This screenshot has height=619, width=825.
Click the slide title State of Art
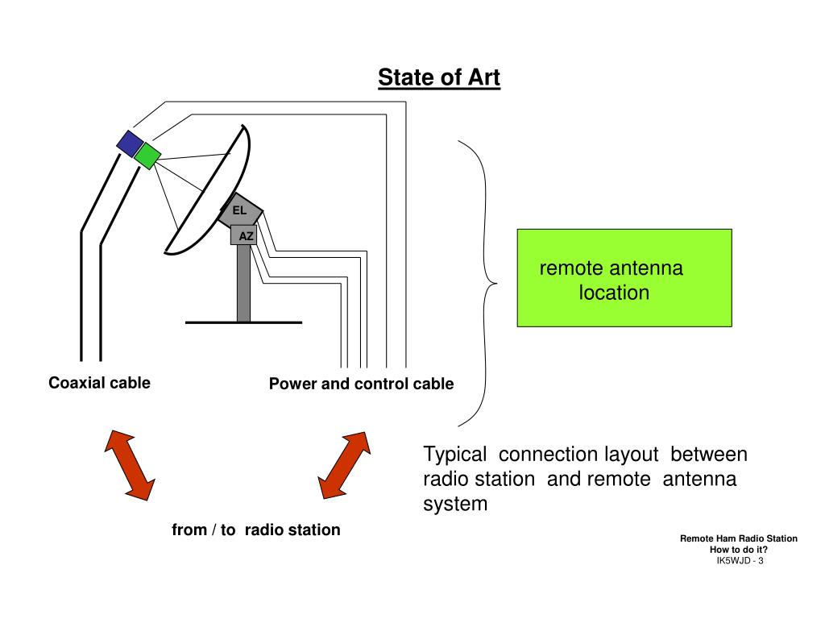pyautogui.click(x=439, y=78)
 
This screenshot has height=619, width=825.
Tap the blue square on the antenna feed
pyautogui.click(x=130, y=143)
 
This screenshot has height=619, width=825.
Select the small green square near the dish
pyautogui.click(x=147, y=155)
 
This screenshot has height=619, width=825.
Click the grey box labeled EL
pyautogui.click(x=240, y=210)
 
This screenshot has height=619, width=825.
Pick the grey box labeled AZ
pyautogui.click(x=246, y=236)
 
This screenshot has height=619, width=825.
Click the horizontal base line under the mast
pyautogui.click(x=243, y=322)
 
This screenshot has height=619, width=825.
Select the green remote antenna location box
pyautogui.click(x=624, y=277)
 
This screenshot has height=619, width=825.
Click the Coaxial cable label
pyautogui.click(x=99, y=383)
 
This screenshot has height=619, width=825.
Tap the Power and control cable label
pyautogui.click(x=361, y=384)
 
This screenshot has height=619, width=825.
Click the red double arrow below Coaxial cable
pyautogui.click(x=129, y=465)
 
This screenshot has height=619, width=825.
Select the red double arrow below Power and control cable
pyautogui.click(x=344, y=465)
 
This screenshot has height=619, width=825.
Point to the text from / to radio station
pyautogui.click(x=255, y=530)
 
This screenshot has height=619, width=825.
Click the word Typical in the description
pyautogui.click(x=454, y=455)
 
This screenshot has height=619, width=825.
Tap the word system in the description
pyautogui.click(x=455, y=505)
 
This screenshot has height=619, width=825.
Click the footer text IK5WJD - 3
pyautogui.click(x=739, y=561)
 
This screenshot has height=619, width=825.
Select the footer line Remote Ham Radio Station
pyautogui.click(x=738, y=538)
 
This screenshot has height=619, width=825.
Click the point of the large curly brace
pyautogui.click(x=495, y=284)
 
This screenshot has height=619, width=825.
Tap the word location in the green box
pyautogui.click(x=613, y=293)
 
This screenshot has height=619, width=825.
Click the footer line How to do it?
pyautogui.click(x=738, y=550)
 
